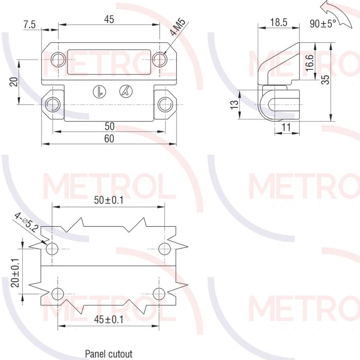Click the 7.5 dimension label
(x=30, y=25)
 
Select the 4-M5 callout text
(x=178, y=27)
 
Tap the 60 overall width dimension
(x=109, y=139)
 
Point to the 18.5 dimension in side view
(x=279, y=23)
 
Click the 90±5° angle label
(x=322, y=24)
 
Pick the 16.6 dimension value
(x=310, y=63)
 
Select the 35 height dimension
(x=326, y=79)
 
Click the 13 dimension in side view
(x=235, y=105)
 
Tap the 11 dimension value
(x=286, y=127)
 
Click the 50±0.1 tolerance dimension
(x=109, y=200)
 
